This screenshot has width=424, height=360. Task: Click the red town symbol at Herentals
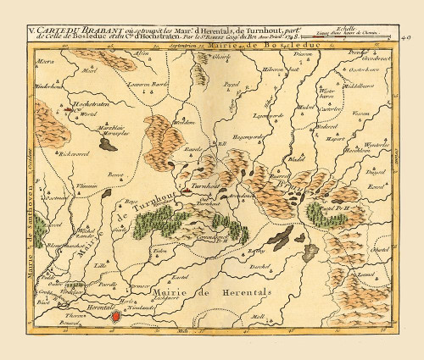pyautogui.click(x=115, y=316)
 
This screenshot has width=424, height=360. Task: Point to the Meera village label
pyautogui.click(x=46, y=63)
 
